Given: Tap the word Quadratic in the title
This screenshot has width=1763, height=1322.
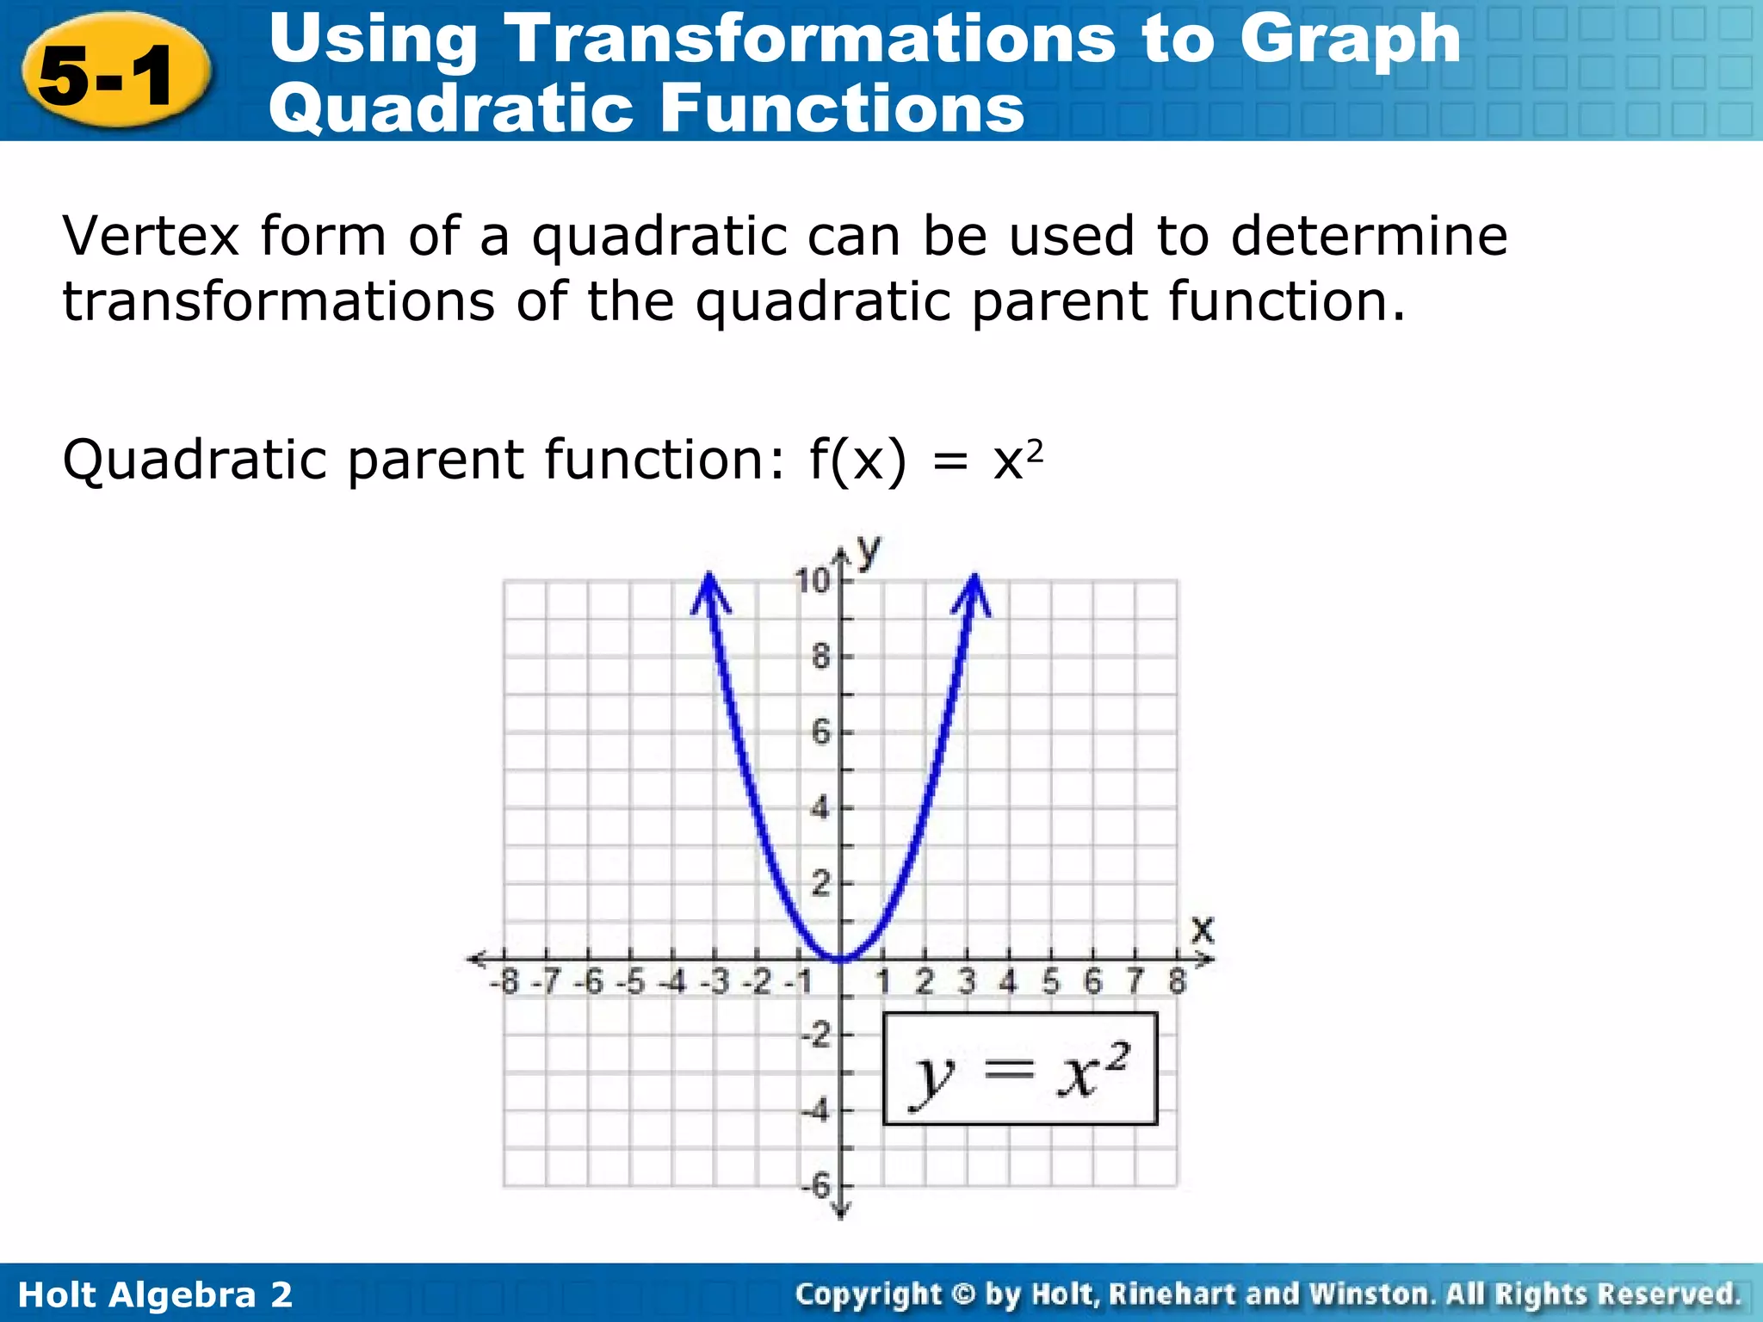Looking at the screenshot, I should point(453,108).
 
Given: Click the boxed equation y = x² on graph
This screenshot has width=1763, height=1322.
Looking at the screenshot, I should point(1020,1069).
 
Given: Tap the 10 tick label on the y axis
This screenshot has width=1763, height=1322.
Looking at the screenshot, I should point(812,581).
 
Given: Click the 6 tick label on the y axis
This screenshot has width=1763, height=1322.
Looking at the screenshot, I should point(820,732).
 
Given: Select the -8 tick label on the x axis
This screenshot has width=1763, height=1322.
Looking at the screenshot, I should point(505,981).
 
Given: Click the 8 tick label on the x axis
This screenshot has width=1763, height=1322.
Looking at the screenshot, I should point(1177,981).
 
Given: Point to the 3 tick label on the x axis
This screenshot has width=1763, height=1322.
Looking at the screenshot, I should point(967,981).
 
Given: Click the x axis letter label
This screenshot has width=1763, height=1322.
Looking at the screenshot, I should point(1202,930).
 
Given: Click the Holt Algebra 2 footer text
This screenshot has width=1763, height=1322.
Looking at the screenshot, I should point(155,1294).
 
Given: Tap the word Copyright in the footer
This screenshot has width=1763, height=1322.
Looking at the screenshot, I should point(868,1294).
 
